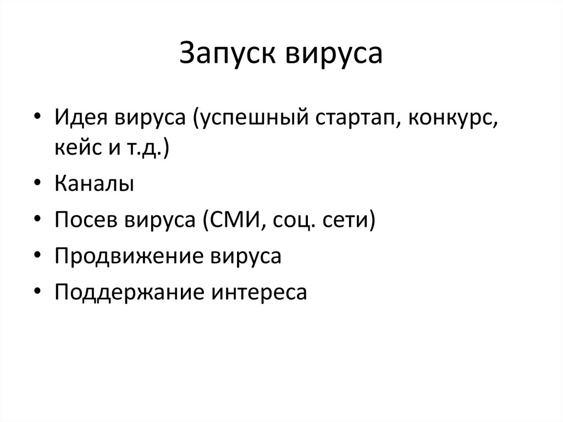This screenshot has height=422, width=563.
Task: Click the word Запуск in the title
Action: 227,56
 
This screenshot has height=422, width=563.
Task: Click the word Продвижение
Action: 131,257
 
